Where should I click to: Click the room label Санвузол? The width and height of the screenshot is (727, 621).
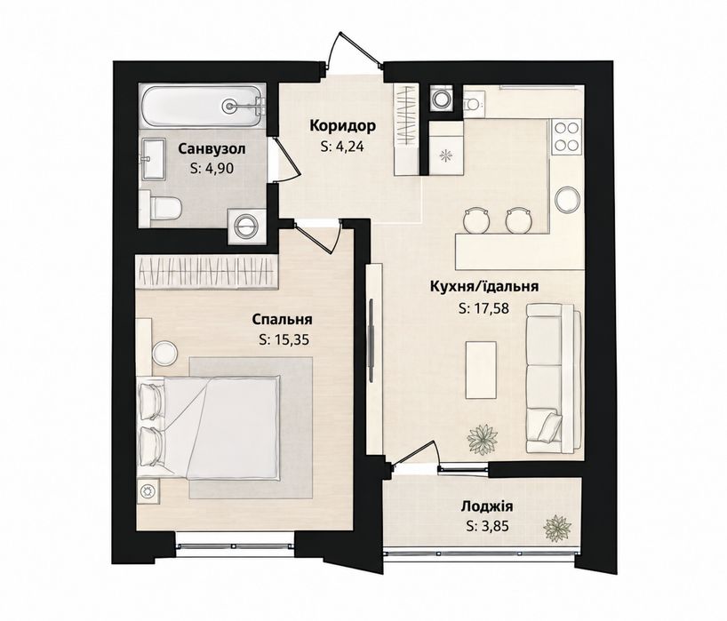[x=212, y=148]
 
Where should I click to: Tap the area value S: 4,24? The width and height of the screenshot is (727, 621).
[x=343, y=147]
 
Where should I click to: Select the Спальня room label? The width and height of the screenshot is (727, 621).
[x=282, y=320]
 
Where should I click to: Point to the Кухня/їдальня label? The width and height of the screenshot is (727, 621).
[x=484, y=286]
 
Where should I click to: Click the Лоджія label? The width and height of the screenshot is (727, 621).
[x=487, y=506]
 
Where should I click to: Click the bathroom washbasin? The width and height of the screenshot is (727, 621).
[x=153, y=158]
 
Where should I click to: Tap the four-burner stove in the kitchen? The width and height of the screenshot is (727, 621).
[x=566, y=135]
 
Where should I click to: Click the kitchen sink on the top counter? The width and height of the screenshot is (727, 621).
[x=474, y=102]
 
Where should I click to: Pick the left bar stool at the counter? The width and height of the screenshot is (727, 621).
[x=475, y=220]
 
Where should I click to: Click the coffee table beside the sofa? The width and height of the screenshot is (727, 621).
[x=481, y=370]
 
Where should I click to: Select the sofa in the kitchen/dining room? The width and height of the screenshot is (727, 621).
[x=554, y=378]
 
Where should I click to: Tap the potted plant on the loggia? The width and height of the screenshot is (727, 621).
[x=558, y=529]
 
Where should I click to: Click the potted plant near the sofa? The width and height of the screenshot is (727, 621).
[x=483, y=438]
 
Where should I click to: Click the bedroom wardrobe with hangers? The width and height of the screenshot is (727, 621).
[x=207, y=271]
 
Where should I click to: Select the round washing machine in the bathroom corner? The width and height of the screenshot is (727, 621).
[x=247, y=227]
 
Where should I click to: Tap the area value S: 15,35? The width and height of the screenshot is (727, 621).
[x=284, y=340]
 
